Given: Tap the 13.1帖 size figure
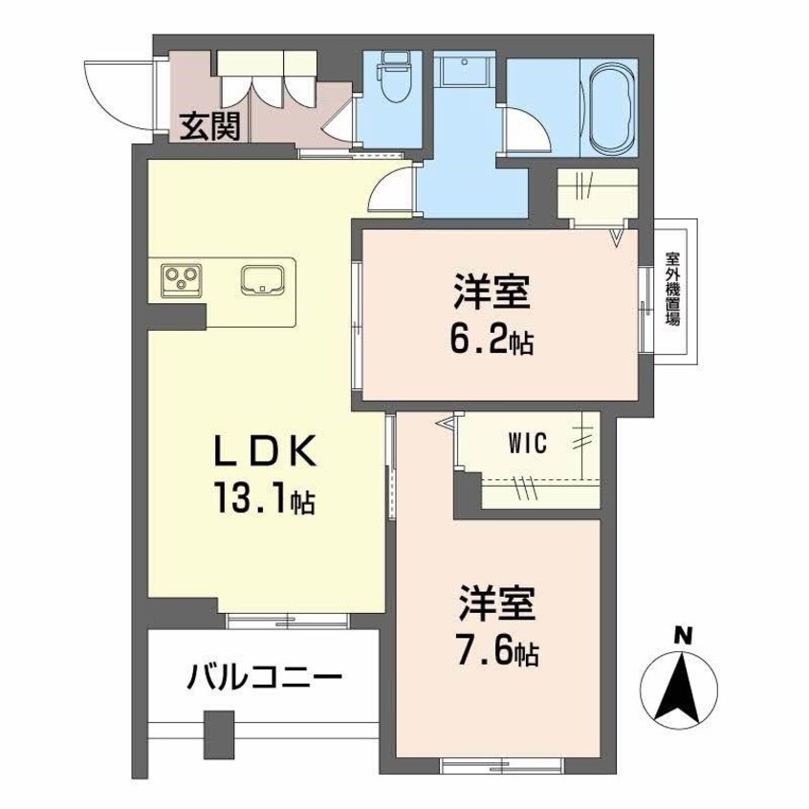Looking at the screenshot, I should pyautogui.click(x=258, y=498).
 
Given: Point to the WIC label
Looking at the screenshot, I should pyautogui.click(x=528, y=442).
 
